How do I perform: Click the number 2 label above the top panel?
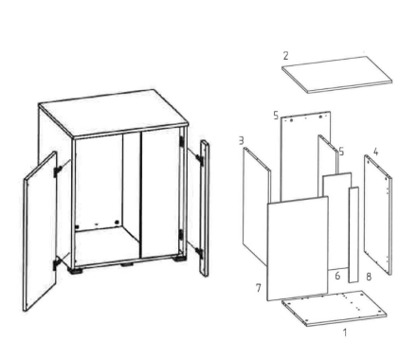(x=285, y=56)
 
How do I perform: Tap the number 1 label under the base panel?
(x=345, y=333)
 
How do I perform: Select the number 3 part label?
(x=242, y=140)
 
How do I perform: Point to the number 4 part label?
(x=375, y=152)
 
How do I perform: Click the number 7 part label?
(x=259, y=288)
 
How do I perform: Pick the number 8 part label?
(x=369, y=277)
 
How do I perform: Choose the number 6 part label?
(x=337, y=276)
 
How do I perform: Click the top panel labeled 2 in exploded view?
(x=336, y=75)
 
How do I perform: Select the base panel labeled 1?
(x=335, y=308)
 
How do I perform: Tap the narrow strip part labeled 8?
(x=354, y=234)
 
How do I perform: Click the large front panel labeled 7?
(x=298, y=248)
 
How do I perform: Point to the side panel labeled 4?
(x=378, y=215)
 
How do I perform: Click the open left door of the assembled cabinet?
(x=40, y=231)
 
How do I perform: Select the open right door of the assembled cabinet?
(x=205, y=208)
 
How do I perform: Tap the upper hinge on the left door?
(x=58, y=171)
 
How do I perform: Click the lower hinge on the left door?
(x=57, y=262)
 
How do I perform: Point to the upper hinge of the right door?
(x=200, y=159)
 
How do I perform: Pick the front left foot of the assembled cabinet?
(x=76, y=271)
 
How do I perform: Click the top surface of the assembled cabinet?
(x=113, y=114)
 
